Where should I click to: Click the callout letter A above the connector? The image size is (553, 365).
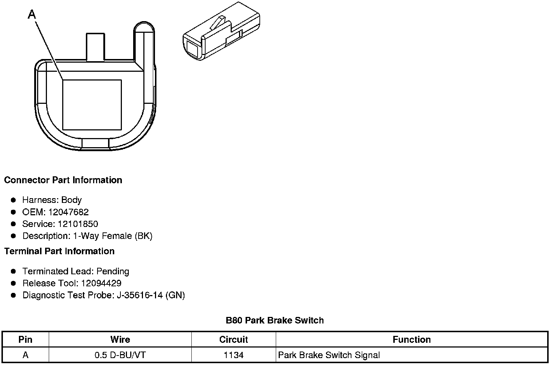click(x=32, y=15)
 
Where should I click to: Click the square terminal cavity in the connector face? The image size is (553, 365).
click(x=92, y=105)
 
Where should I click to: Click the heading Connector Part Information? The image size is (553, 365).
click(x=63, y=180)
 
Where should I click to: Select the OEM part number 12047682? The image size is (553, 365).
click(x=68, y=212)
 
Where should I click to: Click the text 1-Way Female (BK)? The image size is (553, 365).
click(x=113, y=236)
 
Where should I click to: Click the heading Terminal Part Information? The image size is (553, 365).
click(x=59, y=251)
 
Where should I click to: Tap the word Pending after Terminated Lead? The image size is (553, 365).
click(x=113, y=271)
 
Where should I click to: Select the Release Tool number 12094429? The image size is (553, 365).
click(x=101, y=283)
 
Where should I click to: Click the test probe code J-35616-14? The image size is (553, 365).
click(x=140, y=295)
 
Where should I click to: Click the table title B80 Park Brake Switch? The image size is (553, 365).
click(x=275, y=321)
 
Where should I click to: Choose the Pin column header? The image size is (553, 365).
click(x=25, y=340)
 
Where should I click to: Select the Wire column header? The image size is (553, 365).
click(x=120, y=340)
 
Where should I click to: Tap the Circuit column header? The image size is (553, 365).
click(x=234, y=340)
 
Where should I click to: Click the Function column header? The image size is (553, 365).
click(x=411, y=340)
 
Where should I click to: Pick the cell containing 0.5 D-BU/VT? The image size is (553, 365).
click(x=120, y=355)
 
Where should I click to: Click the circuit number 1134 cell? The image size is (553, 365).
click(x=234, y=355)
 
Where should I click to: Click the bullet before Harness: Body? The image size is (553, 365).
click(x=13, y=200)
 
